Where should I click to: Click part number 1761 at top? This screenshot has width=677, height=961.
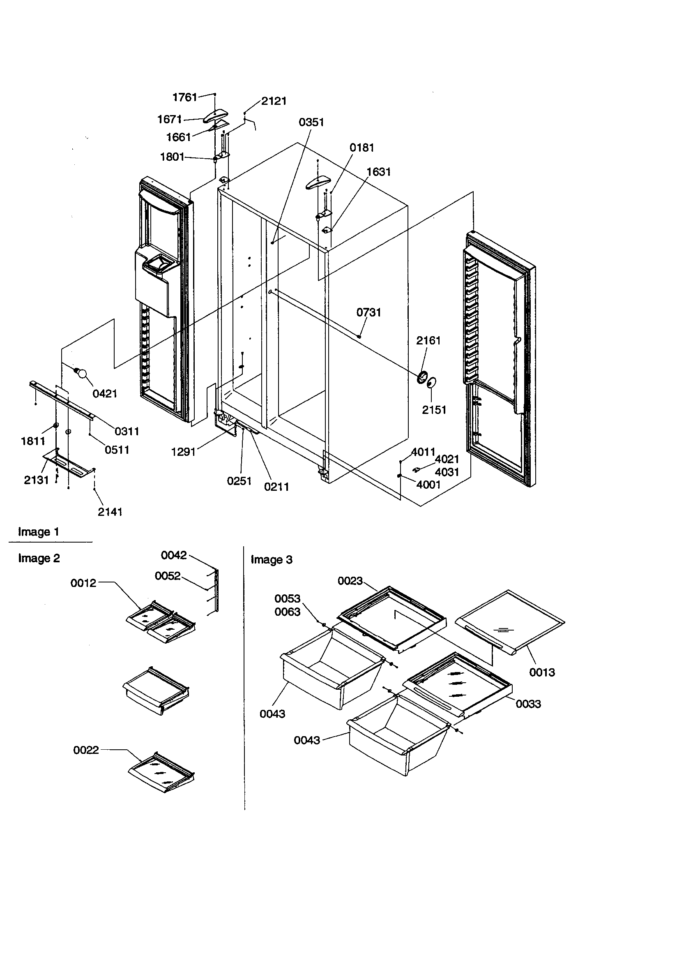[184, 97]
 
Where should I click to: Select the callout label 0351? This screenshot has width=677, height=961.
[311, 122]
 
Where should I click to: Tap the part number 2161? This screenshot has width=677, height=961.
[428, 340]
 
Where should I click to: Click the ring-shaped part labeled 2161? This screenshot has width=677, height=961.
[423, 377]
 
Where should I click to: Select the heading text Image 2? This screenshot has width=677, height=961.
[39, 558]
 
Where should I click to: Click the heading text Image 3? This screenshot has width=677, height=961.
[272, 559]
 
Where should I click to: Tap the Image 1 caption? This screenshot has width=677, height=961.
[39, 532]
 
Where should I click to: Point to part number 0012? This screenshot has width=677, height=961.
[83, 583]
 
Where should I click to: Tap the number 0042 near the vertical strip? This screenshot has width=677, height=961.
[174, 555]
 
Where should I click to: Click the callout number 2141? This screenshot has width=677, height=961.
[110, 511]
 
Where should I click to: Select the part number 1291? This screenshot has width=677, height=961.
[183, 452]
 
